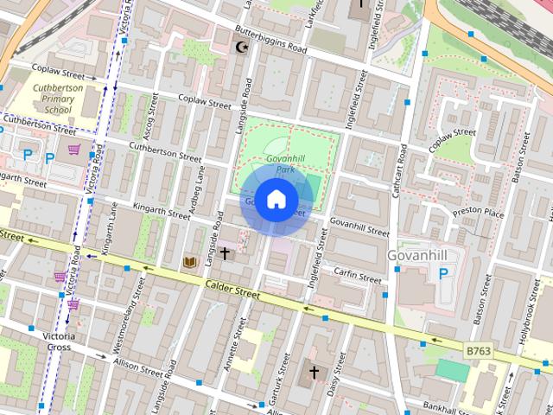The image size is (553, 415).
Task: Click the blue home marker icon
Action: tap(275, 200)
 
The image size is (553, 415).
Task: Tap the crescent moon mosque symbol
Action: tap(242, 48)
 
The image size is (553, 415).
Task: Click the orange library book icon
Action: tap(190, 260)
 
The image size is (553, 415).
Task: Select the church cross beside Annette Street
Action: tap(226, 253)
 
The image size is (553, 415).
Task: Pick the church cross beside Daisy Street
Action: tap(314, 373)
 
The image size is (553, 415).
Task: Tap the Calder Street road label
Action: tap(232, 289)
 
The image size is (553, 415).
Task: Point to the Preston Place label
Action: tap(483, 211)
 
